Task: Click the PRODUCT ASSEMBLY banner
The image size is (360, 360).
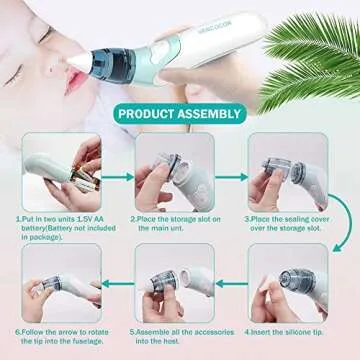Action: [179, 113]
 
